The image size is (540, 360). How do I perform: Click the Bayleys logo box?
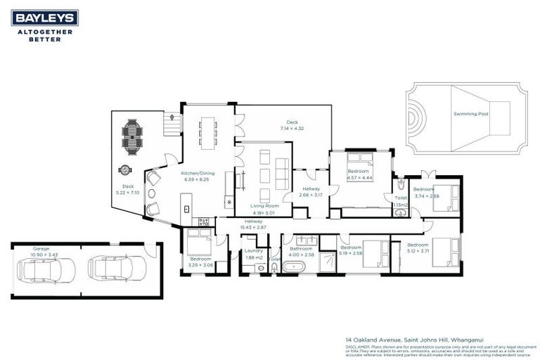[x=45, y=18]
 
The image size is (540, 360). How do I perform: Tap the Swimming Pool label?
[x=470, y=113]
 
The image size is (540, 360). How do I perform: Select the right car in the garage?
[x=116, y=268]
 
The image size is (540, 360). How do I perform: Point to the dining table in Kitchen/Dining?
[x=208, y=132]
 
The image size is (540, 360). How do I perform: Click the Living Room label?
[x=264, y=206]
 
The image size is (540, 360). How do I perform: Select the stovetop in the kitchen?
[x=205, y=221]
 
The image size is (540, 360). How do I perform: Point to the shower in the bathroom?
[x=328, y=262]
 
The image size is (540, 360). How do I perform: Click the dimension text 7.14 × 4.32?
[x=292, y=129]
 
